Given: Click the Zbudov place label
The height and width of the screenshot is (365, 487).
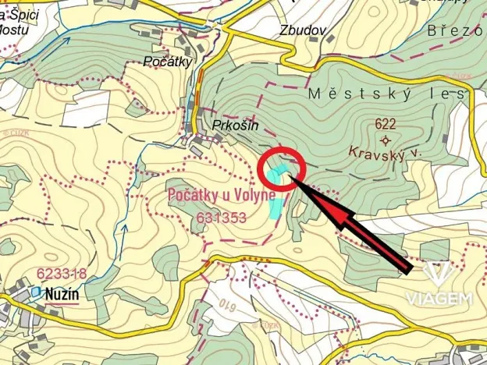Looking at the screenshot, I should coord(302,30).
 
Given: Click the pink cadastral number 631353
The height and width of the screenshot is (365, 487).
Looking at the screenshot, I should coord(222,218).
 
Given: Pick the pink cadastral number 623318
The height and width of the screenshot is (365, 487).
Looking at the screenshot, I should coord(61,274).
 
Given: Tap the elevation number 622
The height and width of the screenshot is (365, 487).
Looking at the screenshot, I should coord(386,123).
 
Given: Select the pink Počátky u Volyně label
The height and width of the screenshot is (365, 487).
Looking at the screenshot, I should coord(222,196).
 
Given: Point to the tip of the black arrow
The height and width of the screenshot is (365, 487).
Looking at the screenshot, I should coord(291,177).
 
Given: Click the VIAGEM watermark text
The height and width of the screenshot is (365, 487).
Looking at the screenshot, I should coord(439,298).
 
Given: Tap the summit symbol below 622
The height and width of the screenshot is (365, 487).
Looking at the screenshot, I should coord(385,140).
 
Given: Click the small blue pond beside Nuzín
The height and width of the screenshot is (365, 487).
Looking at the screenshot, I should coord(34,292).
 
